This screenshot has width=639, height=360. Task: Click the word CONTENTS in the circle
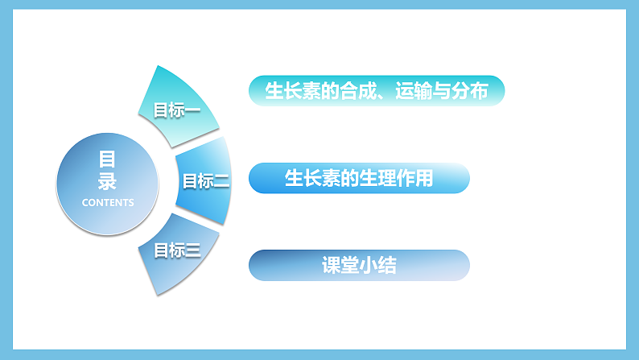[x=108, y=202]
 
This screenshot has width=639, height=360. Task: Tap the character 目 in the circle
[x=108, y=159]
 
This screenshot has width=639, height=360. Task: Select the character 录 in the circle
[x=108, y=180]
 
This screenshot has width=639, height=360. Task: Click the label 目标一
[x=177, y=110]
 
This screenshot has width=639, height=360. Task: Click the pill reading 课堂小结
[x=359, y=265]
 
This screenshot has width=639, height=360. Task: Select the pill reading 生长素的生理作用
[x=359, y=178]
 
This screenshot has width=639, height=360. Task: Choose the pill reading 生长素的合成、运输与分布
[x=377, y=91]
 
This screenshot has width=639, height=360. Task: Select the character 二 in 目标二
[x=221, y=181]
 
